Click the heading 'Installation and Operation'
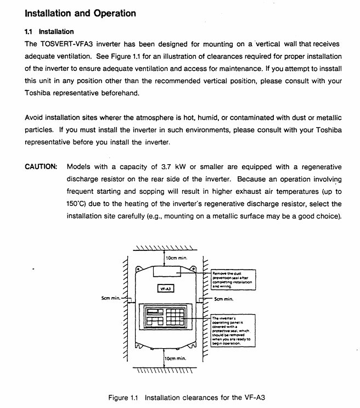point(81,13)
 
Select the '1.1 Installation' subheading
point(50,32)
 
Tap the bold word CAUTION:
point(41,167)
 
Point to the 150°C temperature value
point(77,204)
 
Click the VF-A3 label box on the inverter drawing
point(165,288)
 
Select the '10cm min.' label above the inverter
point(177,258)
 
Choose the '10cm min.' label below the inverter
point(176,358)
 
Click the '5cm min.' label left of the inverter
point(110,298)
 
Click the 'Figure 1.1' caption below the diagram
point(126,397)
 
